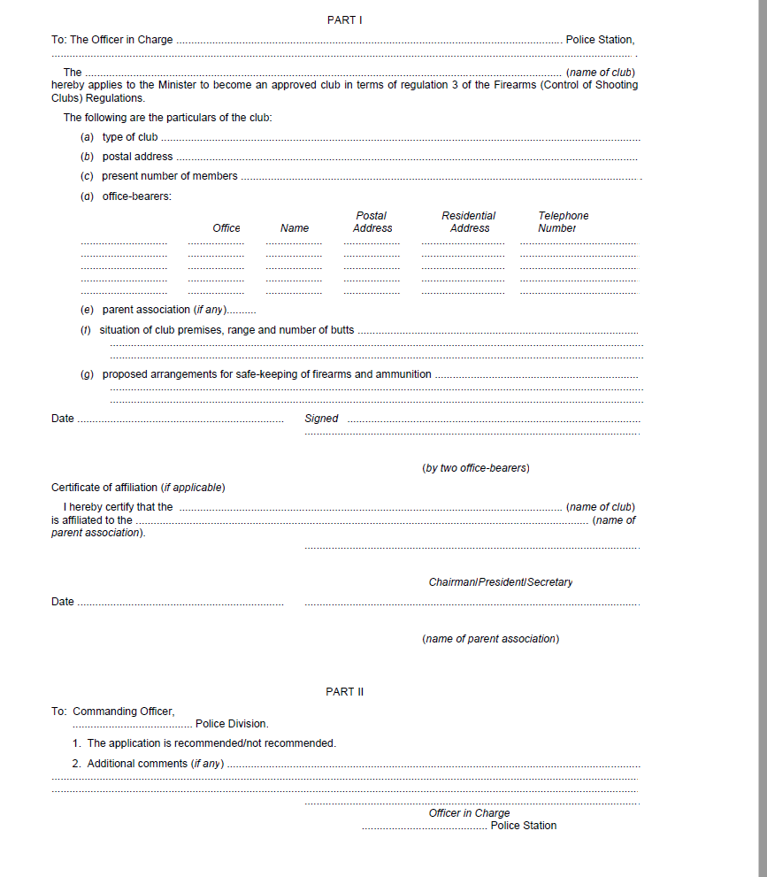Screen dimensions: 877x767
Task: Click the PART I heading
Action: point(344,20)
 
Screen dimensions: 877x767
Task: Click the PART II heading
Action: point(344,692)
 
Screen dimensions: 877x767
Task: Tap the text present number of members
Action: point(169,176)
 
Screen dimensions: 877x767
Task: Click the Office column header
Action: point(226,228)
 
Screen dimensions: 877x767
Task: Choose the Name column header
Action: point(295,228)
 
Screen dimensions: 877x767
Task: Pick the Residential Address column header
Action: point(469,222)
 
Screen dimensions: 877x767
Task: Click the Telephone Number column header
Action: point(563,222)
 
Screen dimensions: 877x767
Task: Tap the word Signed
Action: point(321,419)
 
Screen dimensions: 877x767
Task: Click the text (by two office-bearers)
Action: point(476,468)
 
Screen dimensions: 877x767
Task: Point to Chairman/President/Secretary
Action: point(501,582)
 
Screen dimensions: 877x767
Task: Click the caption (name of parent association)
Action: point(490,639)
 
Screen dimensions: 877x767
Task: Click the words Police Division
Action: point(232,724)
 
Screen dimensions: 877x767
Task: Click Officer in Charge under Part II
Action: point(469,813)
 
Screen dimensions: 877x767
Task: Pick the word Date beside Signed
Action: point(63,419)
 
